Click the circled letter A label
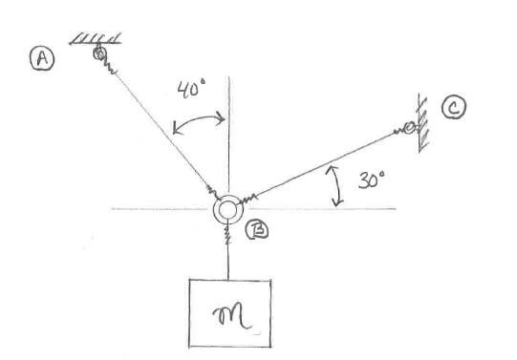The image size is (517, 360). (42, 60)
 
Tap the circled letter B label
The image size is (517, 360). (256, 230)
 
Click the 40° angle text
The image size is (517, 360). (192, 92)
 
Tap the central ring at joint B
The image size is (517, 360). (228, 209)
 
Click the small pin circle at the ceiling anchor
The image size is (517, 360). (98, 54)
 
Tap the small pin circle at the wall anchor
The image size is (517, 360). (409, 128)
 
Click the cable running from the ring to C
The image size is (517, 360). (325, 166)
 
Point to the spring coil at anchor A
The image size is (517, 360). (107, 67)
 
